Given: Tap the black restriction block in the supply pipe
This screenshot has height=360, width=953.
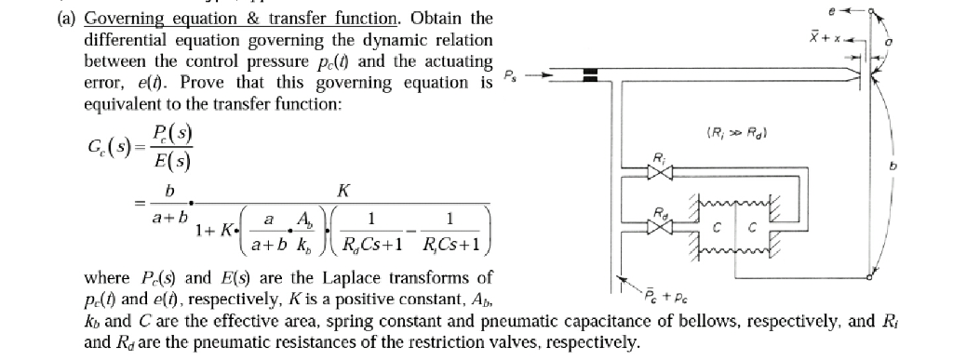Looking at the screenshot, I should (589, 78).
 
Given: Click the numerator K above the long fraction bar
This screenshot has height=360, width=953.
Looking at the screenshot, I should (343, 191).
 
